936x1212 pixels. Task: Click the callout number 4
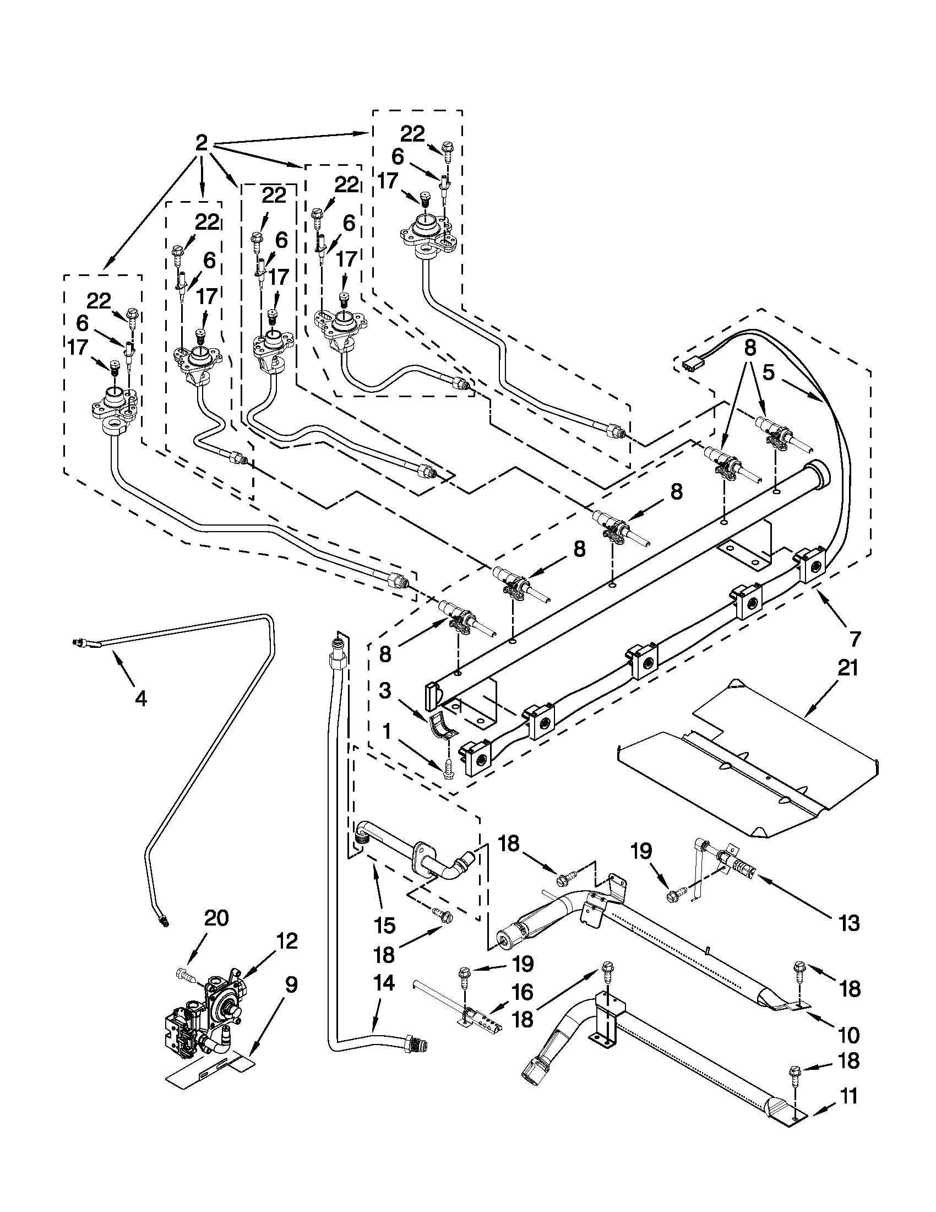141,700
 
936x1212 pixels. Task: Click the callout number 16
523,992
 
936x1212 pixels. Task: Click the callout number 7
855,639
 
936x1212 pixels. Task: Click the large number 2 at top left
202,144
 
